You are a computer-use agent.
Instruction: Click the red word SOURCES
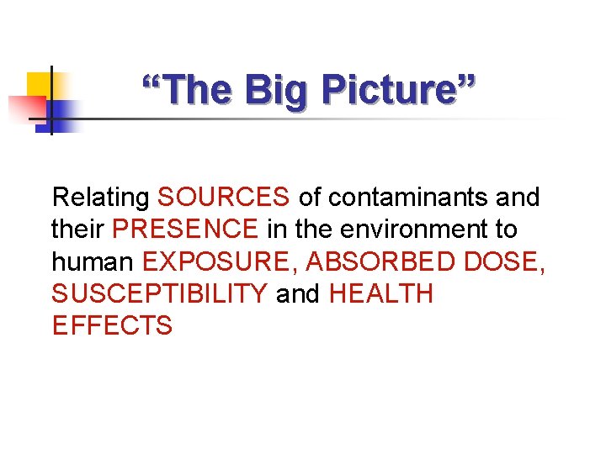point(223,198)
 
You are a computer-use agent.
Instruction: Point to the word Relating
point(100,198)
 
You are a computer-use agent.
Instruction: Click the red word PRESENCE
point(185,230)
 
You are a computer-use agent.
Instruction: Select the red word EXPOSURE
point(220,261)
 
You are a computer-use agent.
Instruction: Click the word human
point(93,261)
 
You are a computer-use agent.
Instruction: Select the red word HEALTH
point(380,293)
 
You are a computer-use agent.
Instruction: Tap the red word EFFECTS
point(112,325)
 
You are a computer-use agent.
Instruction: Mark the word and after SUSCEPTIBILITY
point(298,293)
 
